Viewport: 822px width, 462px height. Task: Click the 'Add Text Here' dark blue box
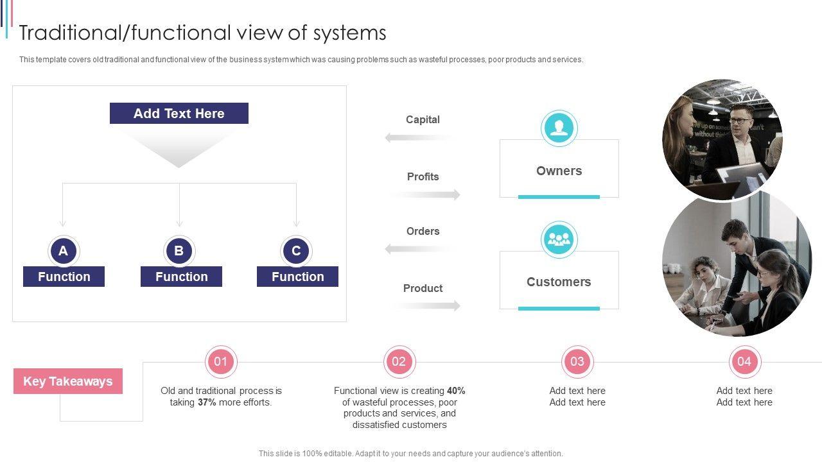[x=179, y=114]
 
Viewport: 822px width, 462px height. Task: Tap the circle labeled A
[x=63, y=251]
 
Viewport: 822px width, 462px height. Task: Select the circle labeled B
[x=179, y=251]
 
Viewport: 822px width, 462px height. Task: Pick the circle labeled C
[x=296, y=251]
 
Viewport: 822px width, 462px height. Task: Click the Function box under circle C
[x=297, y=277]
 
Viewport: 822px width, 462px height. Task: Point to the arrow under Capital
[x=421, y=137]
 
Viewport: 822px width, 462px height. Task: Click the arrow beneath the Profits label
[x=424, y=194]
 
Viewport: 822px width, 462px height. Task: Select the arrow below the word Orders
[x=421, y=249]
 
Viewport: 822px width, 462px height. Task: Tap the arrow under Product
[x=424, y=306]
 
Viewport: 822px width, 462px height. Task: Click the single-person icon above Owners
[x=559, y=128]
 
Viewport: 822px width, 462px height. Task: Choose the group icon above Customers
[x=559, y=240]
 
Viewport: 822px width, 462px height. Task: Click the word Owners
[x=559, y=171]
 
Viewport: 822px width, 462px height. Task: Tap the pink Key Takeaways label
[x=68, y=381]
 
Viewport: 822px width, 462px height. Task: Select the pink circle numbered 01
[x=221, y=361]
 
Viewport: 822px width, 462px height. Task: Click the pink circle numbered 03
[x=577, y=361]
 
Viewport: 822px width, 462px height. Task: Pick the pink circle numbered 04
[x=744, y=361]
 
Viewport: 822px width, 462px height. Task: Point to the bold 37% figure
[x=207, y=402]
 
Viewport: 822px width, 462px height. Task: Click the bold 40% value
[x=456, y=391]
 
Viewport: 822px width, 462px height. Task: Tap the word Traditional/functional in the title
[x=125, y=33]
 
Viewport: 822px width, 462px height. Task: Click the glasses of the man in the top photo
[x=740, y=120]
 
